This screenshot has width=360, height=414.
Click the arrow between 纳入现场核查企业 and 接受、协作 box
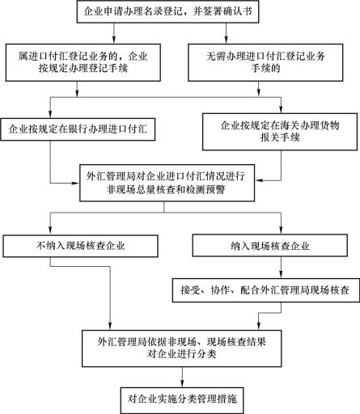tap(281, 268)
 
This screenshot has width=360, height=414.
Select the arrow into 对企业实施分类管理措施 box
tap(182, 377)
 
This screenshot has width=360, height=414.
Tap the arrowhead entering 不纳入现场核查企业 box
tap(50, 231)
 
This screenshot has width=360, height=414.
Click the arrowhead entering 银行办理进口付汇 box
tap(50, 114)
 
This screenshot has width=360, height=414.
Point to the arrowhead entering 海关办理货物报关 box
tap(281, 109)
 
